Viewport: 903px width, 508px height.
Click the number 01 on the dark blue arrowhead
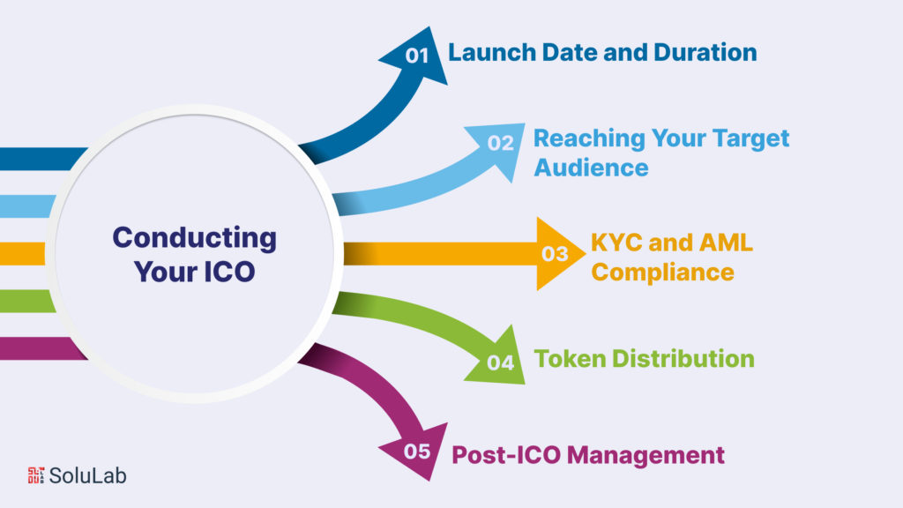(417, 56)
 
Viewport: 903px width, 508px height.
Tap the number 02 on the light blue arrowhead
(500, 143)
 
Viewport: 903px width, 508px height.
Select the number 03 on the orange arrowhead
(555, 253)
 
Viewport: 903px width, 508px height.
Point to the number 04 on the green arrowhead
(500, 362)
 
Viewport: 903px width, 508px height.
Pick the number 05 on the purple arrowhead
(417, 451)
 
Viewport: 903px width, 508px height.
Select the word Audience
(592, 168)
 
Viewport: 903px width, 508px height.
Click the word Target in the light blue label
(750, 138)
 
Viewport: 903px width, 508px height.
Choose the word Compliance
(663, 273)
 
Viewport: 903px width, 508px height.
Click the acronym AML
(726, 243)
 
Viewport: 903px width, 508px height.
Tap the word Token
(571, 359)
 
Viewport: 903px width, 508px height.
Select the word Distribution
(683, 359)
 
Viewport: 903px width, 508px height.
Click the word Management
(646, 455)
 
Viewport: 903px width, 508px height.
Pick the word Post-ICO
(506, 455)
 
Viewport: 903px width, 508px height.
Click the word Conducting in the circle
(195, 238)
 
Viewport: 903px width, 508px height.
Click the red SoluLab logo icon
(36, 475)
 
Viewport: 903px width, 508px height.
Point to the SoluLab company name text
(87, 475)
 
